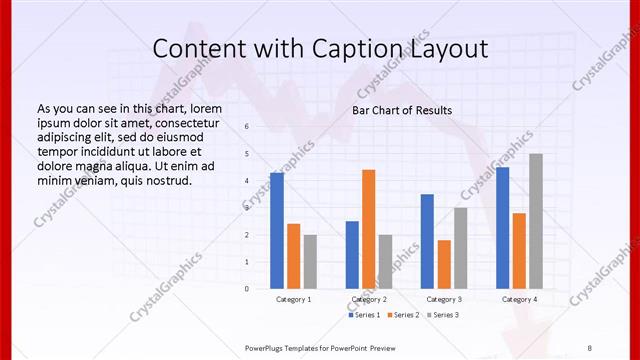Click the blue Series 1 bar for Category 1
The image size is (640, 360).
(x=277, y=231)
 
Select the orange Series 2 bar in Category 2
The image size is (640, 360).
(x=368, y=229)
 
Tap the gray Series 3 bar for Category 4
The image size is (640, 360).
(x=536, y=221)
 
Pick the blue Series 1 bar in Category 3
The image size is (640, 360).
(x=427, y=241)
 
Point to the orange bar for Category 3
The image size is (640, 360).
(x=444, y=264)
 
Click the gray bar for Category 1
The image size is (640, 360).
(x=310, y=261)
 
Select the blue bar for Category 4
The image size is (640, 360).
(x=502, y=228)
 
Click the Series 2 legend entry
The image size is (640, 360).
(x=403, y=315)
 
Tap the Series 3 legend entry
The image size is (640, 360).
(x=443, y=315)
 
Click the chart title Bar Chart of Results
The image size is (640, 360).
(x=402, y=110)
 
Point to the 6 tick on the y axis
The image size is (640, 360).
(x=247, y=127)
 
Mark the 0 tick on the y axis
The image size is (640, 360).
(x=247, y=288)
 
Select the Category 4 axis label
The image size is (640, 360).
(x=518, y=299)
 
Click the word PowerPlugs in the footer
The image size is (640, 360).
(x=268, y=347)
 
